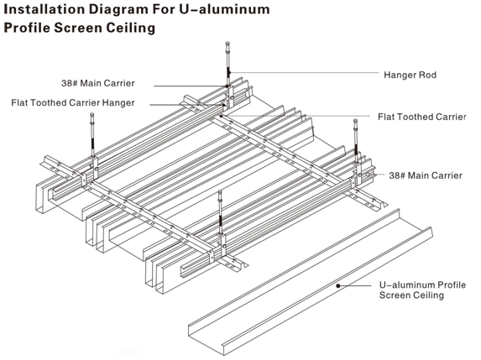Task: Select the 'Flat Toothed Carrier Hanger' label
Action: pyautogui.click(x=73, y=102)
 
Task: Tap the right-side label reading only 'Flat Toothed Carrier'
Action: pyautogui.click(x=421, y=117)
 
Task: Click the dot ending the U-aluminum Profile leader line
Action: pyautogui.click(x=338, y=285)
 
